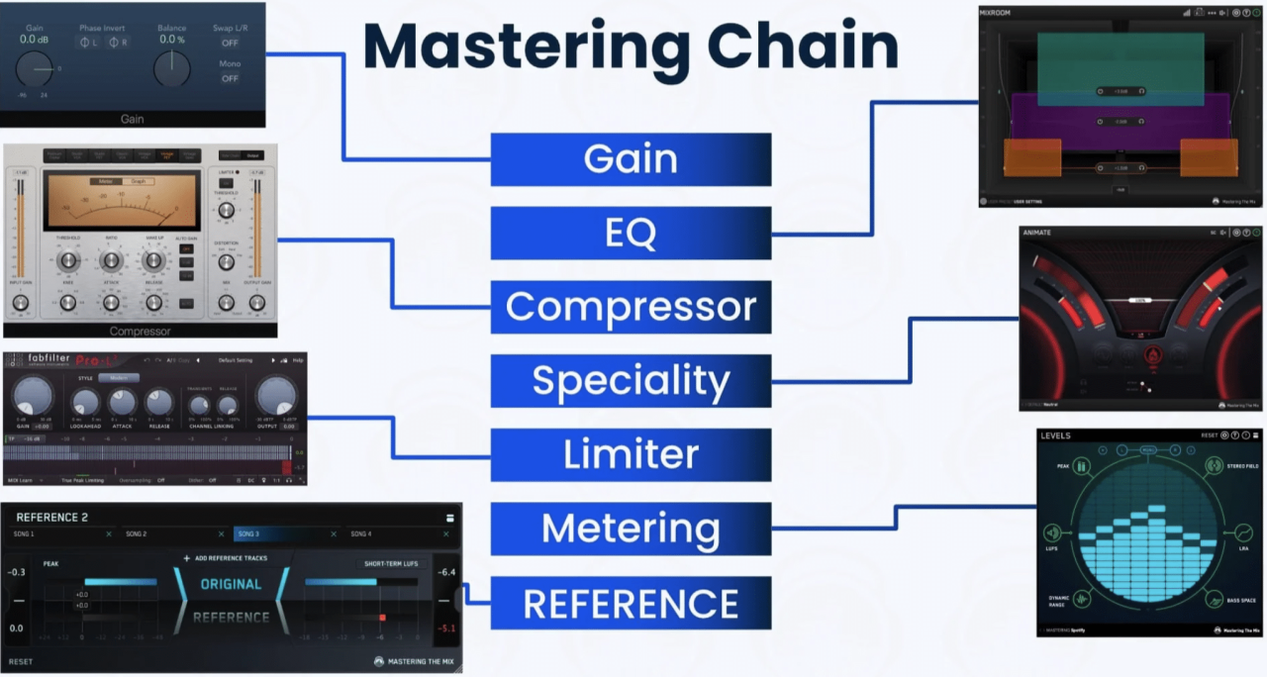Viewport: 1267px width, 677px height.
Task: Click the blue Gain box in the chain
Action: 631,159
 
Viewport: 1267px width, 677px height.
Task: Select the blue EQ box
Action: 631,234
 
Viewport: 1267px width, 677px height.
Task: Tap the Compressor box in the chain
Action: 631,307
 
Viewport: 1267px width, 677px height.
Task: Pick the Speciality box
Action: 631,381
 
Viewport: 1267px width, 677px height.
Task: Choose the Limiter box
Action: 631,455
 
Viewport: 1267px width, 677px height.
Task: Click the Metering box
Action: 631,530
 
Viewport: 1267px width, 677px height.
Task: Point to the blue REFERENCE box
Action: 631,604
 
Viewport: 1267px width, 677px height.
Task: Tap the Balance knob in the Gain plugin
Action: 172,69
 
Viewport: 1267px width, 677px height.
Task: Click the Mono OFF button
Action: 230,78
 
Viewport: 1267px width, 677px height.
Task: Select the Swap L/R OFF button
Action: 230,43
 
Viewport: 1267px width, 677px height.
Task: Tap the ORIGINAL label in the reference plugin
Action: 231,584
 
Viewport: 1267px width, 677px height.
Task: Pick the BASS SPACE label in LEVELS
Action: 1241,600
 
